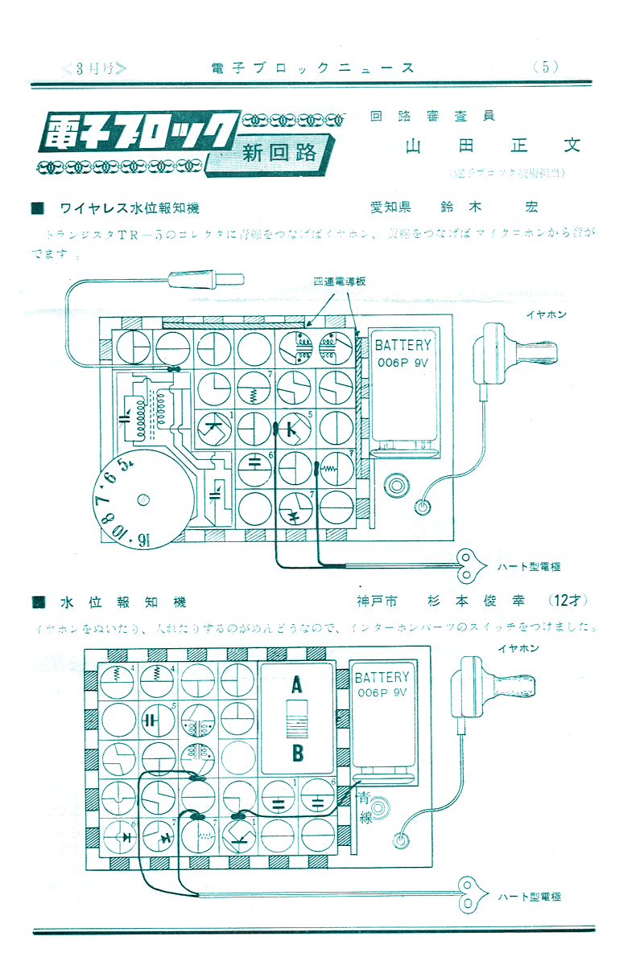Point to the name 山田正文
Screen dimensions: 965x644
pos(493,146)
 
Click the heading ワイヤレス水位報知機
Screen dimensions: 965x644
pos(129,207)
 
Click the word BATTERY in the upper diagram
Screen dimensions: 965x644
pos(403,345)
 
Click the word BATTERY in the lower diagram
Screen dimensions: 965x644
pos(382,677)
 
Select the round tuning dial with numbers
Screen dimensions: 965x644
pos(142,499)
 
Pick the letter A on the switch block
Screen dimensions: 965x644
pos(296,686)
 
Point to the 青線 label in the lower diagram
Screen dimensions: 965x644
pos(366,808)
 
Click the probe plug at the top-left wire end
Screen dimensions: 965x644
pos(205,280)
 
